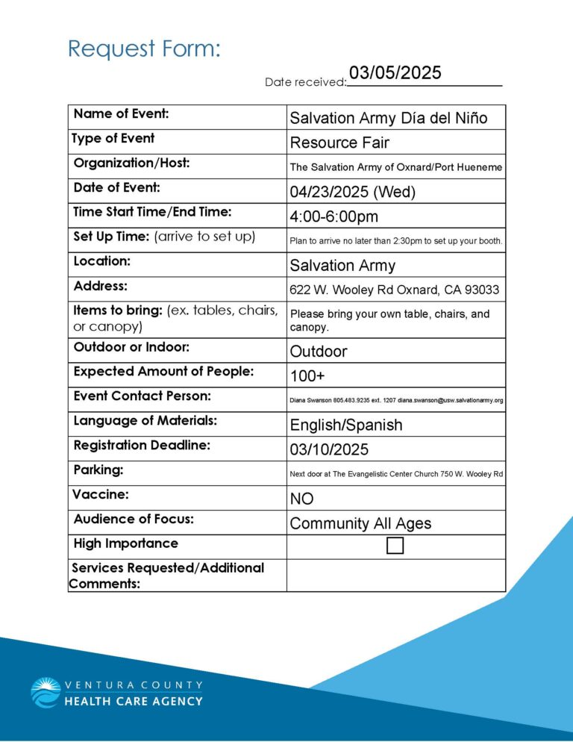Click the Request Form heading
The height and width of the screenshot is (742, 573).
pyautogui.click(x=144, y=49)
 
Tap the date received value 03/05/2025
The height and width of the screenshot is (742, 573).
pyautogui.click(x=395, y=73)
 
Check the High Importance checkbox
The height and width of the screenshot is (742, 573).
pyautogui.click(x=395, y=546)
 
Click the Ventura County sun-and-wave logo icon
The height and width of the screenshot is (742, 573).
pyautogui.click(x=46, y=692)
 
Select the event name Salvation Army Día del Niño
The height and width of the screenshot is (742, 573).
pyautogui.click(x=388, y=118)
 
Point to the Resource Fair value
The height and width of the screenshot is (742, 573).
pyautogui.click(x=339, y=143)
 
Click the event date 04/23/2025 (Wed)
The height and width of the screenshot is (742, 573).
pyautogui.click(x=352, y=192)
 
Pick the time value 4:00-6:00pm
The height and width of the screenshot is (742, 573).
pyautogui.click(x=334, y=216)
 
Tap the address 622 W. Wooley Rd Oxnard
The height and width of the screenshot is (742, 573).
pyautogui.click(x=394, y=290)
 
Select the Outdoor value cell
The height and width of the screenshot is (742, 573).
pyautogui.click(x=319, y=351)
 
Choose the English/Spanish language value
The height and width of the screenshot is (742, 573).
pyautogui.click(x=345, y=425)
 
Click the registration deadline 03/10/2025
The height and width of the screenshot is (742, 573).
pyautogui.click(x=329, y=449)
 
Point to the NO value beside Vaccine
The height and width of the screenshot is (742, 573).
pyautogui.click(x=301, y=499)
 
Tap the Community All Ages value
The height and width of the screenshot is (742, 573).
pyautogui.click(x=360, y=523)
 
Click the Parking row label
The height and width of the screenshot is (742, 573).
pyautogui.click(x=98, y=470)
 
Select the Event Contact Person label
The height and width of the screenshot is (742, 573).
pyautogui.click(x=142, y=396)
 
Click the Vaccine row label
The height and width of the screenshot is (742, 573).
pyautogui.click(x=100, y=494)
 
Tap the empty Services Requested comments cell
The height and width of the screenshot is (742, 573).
pyautogui.click(x=395, y=576)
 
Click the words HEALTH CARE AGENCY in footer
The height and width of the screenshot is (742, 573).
pyautogui.click(x=134, y=701)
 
